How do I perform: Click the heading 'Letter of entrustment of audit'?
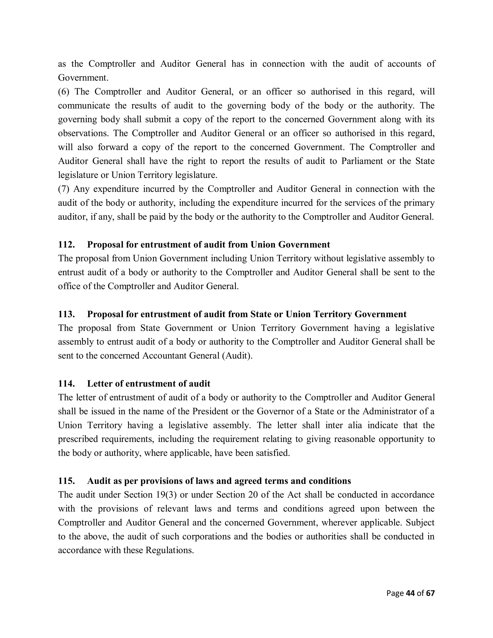(149, 384)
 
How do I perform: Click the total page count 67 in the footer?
(430, 593)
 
